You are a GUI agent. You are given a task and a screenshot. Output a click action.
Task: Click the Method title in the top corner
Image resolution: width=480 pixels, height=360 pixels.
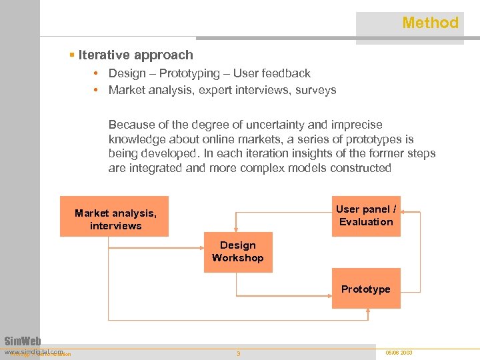pos(430,23)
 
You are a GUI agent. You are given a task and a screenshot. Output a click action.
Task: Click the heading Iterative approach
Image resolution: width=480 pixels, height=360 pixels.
pos(135,55)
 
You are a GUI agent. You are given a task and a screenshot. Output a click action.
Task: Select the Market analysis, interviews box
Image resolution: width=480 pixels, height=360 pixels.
pos(115,219)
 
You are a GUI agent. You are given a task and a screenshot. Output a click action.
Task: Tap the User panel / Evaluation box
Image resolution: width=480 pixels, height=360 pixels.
pos(366,216)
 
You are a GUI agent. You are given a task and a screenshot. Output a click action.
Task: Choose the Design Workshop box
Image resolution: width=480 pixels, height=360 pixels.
pos(238,251)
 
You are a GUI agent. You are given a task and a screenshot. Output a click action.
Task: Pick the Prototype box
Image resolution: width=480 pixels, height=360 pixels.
pos(366,289)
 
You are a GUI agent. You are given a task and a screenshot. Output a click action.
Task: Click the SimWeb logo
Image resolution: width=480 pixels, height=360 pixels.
pos(23,341)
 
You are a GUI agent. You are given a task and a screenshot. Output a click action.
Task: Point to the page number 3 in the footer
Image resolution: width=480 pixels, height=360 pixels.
pos(238,353)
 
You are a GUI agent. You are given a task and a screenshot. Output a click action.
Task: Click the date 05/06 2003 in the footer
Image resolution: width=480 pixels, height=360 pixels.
pos(399,352)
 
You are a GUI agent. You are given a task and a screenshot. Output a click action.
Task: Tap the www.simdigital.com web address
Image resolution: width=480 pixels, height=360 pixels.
pos(33,351)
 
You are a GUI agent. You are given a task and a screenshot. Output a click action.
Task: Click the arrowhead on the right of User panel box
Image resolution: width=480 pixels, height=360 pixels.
pos(405,213)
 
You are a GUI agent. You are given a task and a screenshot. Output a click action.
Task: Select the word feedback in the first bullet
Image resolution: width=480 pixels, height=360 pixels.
pos(287,73)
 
